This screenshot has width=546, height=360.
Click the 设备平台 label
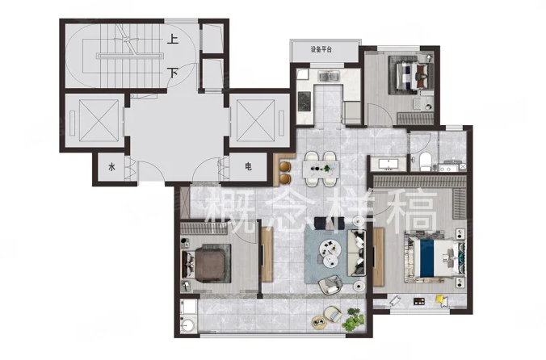click(x=321, y=49)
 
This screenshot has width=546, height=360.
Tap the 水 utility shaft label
click(x=111, y=167)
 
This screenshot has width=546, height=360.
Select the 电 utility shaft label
click(x=248, y=166)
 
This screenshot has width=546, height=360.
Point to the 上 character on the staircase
click(x=173, y=39)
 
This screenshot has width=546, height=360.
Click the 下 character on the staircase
click(x=173, y=73)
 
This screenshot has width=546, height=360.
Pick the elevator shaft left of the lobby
click(x=94, y=120)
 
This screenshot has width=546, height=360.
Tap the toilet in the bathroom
click(x=425, y=161)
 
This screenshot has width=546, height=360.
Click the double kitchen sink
click(x=329, y=76)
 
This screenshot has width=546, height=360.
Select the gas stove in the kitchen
click(x=304, y=101)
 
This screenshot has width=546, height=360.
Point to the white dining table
click(x=321, y=169)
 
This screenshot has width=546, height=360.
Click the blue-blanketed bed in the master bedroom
click(x=435, y=257)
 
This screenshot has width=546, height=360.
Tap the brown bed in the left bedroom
click(x=208, y=263)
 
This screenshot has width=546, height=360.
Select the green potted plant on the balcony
click(x=353, y=320)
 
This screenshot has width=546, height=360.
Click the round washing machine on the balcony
click(x=188, y=325)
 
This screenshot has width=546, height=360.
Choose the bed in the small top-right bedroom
click(x=412, y=75)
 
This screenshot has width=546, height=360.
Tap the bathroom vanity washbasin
click(x=387, y=164)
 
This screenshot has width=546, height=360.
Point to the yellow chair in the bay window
click(x=442, y=300)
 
